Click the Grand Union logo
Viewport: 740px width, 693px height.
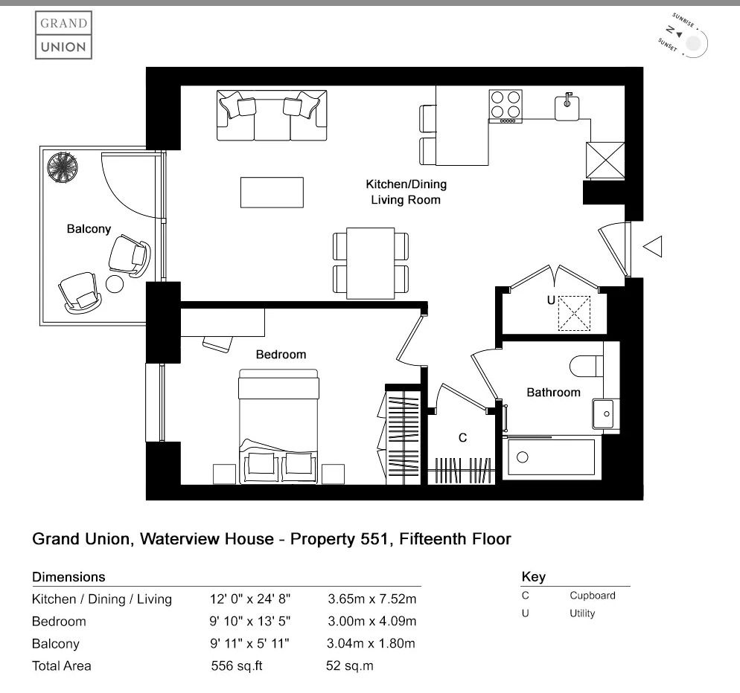click(64, 35)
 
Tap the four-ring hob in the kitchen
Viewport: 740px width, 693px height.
click(505, 106)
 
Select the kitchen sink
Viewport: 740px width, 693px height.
click(567, 107)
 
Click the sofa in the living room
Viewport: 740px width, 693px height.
click(272, 115)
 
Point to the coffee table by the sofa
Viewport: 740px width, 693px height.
click(272, 193)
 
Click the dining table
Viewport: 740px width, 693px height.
click(371, 263)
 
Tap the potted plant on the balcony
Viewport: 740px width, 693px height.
click(63, 167)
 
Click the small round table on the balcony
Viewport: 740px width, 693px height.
click(115, 284)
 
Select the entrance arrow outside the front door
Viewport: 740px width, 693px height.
click(653, 247)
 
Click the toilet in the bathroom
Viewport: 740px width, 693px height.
click(587, 367)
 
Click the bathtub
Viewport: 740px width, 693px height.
click(551, 457)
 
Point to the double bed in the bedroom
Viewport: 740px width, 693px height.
click(278, 426)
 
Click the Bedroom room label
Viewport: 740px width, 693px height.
click(281, 355)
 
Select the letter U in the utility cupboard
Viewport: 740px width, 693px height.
click(551, 300)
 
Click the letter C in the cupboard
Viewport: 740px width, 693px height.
click(462, 438)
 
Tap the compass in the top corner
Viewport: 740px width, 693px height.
click(683, 36)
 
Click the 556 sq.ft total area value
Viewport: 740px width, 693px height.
click(237, 665)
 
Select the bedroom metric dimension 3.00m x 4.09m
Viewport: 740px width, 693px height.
click(372, 621)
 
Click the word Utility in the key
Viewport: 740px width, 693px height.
click(582, 613)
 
